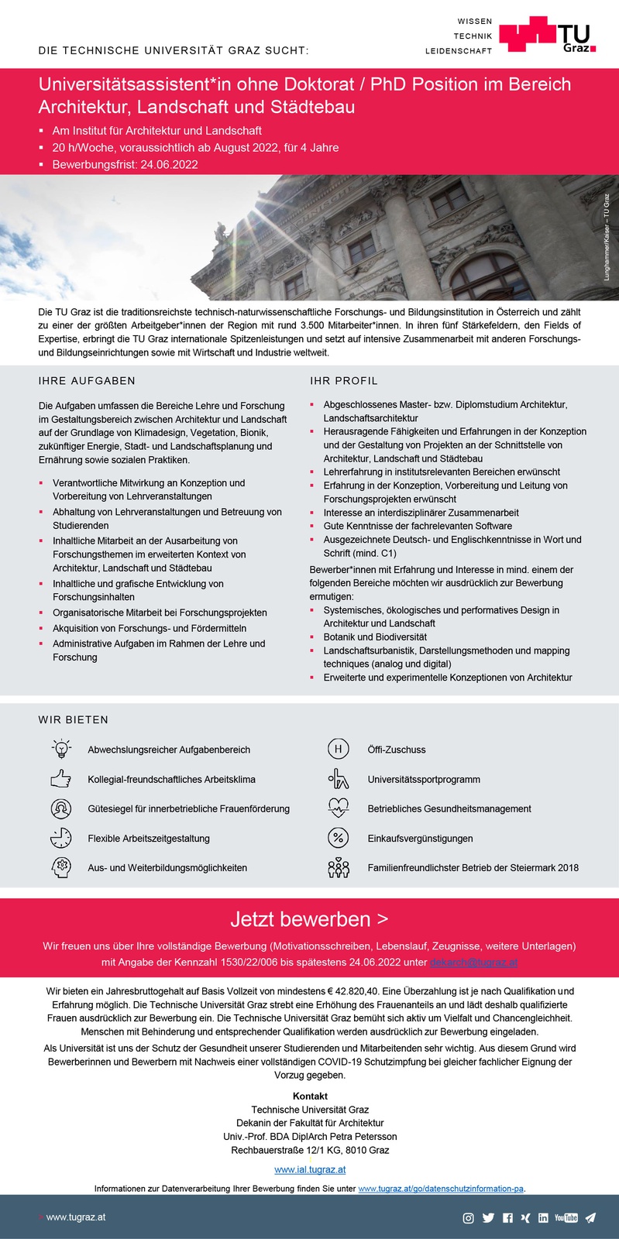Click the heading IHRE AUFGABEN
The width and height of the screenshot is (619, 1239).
coord(87,381)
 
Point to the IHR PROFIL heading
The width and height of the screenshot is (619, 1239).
coord(344,381)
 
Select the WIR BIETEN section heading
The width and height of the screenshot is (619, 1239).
coord(74,720)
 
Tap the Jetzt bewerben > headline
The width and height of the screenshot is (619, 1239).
coord(309,919)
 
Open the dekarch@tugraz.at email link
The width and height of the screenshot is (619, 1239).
coord(474,962)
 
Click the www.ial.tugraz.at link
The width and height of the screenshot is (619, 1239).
coord(310,1169)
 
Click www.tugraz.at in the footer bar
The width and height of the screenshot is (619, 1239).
coord(75,1217)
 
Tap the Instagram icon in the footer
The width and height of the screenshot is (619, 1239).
coord(468,1218)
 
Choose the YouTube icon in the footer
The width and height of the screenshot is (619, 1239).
coord(566,1218)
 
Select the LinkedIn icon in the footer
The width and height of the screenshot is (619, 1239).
coord(543,1218)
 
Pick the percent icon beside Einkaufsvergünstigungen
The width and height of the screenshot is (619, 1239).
coord(339,838)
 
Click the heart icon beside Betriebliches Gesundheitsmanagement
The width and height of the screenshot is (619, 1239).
coord(339,808)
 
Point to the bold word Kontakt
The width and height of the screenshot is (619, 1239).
coord(310,1097)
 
